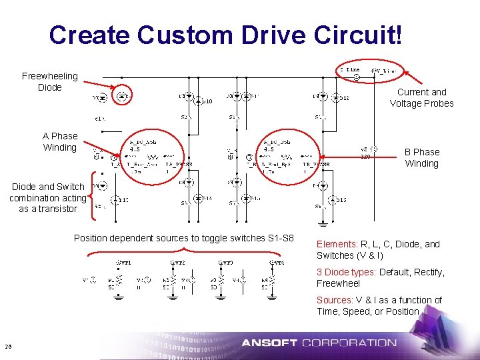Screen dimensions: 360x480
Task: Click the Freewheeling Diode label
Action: pyautogui.click(x=49, y=82)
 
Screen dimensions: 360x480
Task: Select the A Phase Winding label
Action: pyautogui.click(x=60, y=141)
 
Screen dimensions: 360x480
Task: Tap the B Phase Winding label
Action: pyautogui.click(x=421, y=157)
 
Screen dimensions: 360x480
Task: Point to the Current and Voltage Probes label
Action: pyautogui.click(x=421, y=97)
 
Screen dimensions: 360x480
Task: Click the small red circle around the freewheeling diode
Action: pyautogui.click(x=121, y=97)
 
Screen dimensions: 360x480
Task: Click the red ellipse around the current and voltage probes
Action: pyautogui.click(x=371, y=69)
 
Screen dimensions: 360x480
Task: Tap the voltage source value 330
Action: pyautogui.click(x=365, y=157)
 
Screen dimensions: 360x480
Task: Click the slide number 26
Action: pyautogui.click(x=8, y=345)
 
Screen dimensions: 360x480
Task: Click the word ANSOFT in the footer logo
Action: pyautogui.click(x=269, y=343)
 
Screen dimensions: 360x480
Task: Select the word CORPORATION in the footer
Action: pyautogui.click(x=349, y=343)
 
